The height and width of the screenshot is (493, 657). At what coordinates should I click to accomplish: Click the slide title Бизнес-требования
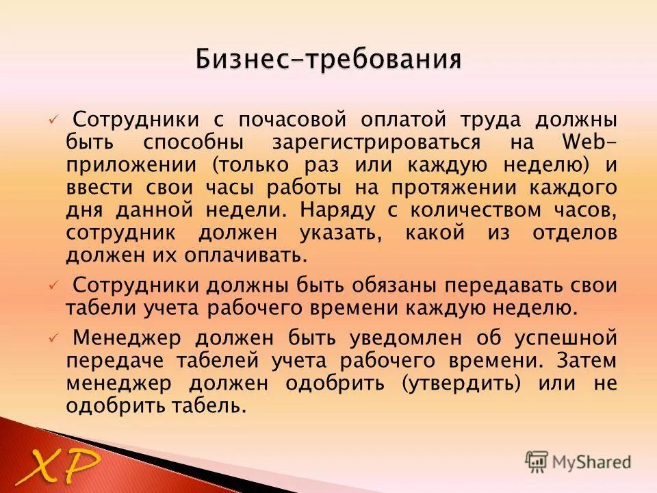(x=328, y=59)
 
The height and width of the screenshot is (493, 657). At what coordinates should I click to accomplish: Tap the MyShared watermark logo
(x=578, y=462)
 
